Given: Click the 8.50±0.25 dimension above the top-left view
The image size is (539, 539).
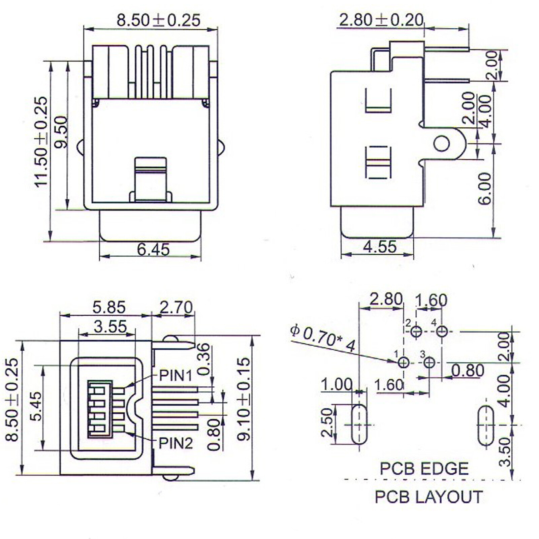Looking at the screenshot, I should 158,20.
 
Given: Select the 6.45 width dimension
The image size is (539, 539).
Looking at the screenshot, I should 153,250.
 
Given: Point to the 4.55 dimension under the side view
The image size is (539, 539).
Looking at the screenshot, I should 380,247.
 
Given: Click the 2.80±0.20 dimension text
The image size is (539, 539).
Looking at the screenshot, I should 381,20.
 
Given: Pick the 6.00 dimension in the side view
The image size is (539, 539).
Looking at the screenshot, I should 485,189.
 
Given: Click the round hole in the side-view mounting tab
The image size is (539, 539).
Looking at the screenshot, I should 441,144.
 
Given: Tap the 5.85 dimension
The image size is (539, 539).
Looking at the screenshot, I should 109,307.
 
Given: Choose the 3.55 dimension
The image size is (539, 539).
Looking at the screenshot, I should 110,326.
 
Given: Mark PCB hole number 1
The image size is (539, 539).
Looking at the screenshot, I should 403,362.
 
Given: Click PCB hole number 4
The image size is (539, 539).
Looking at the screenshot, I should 442,331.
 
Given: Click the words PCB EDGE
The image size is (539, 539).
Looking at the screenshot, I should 424,469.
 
